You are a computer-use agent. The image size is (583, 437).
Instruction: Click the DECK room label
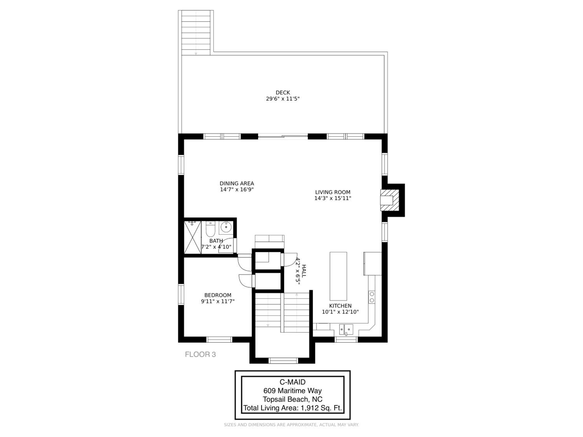pyautogui.click(x=283, y=92)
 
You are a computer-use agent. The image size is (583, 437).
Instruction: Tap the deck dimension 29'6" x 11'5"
pyautogui.click(x=283, y=99)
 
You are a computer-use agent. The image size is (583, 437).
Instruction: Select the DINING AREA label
pyautogui.click(x=237, y=183)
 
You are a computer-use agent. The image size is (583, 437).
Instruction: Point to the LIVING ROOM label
pyautogui.click(x=333, y=192)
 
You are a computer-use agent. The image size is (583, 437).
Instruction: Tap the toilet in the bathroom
pyautogui.click(x=210, y=229)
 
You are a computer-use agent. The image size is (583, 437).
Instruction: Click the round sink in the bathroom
pyautogui.click(x=226, y=227)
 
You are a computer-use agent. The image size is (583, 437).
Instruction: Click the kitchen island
pyautogui.click(x=338, y=276)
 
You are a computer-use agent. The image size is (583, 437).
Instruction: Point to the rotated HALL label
pyautogui.click(x=304, y=271)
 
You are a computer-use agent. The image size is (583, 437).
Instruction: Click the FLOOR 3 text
pyautogui.click(x=200, y=354)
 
